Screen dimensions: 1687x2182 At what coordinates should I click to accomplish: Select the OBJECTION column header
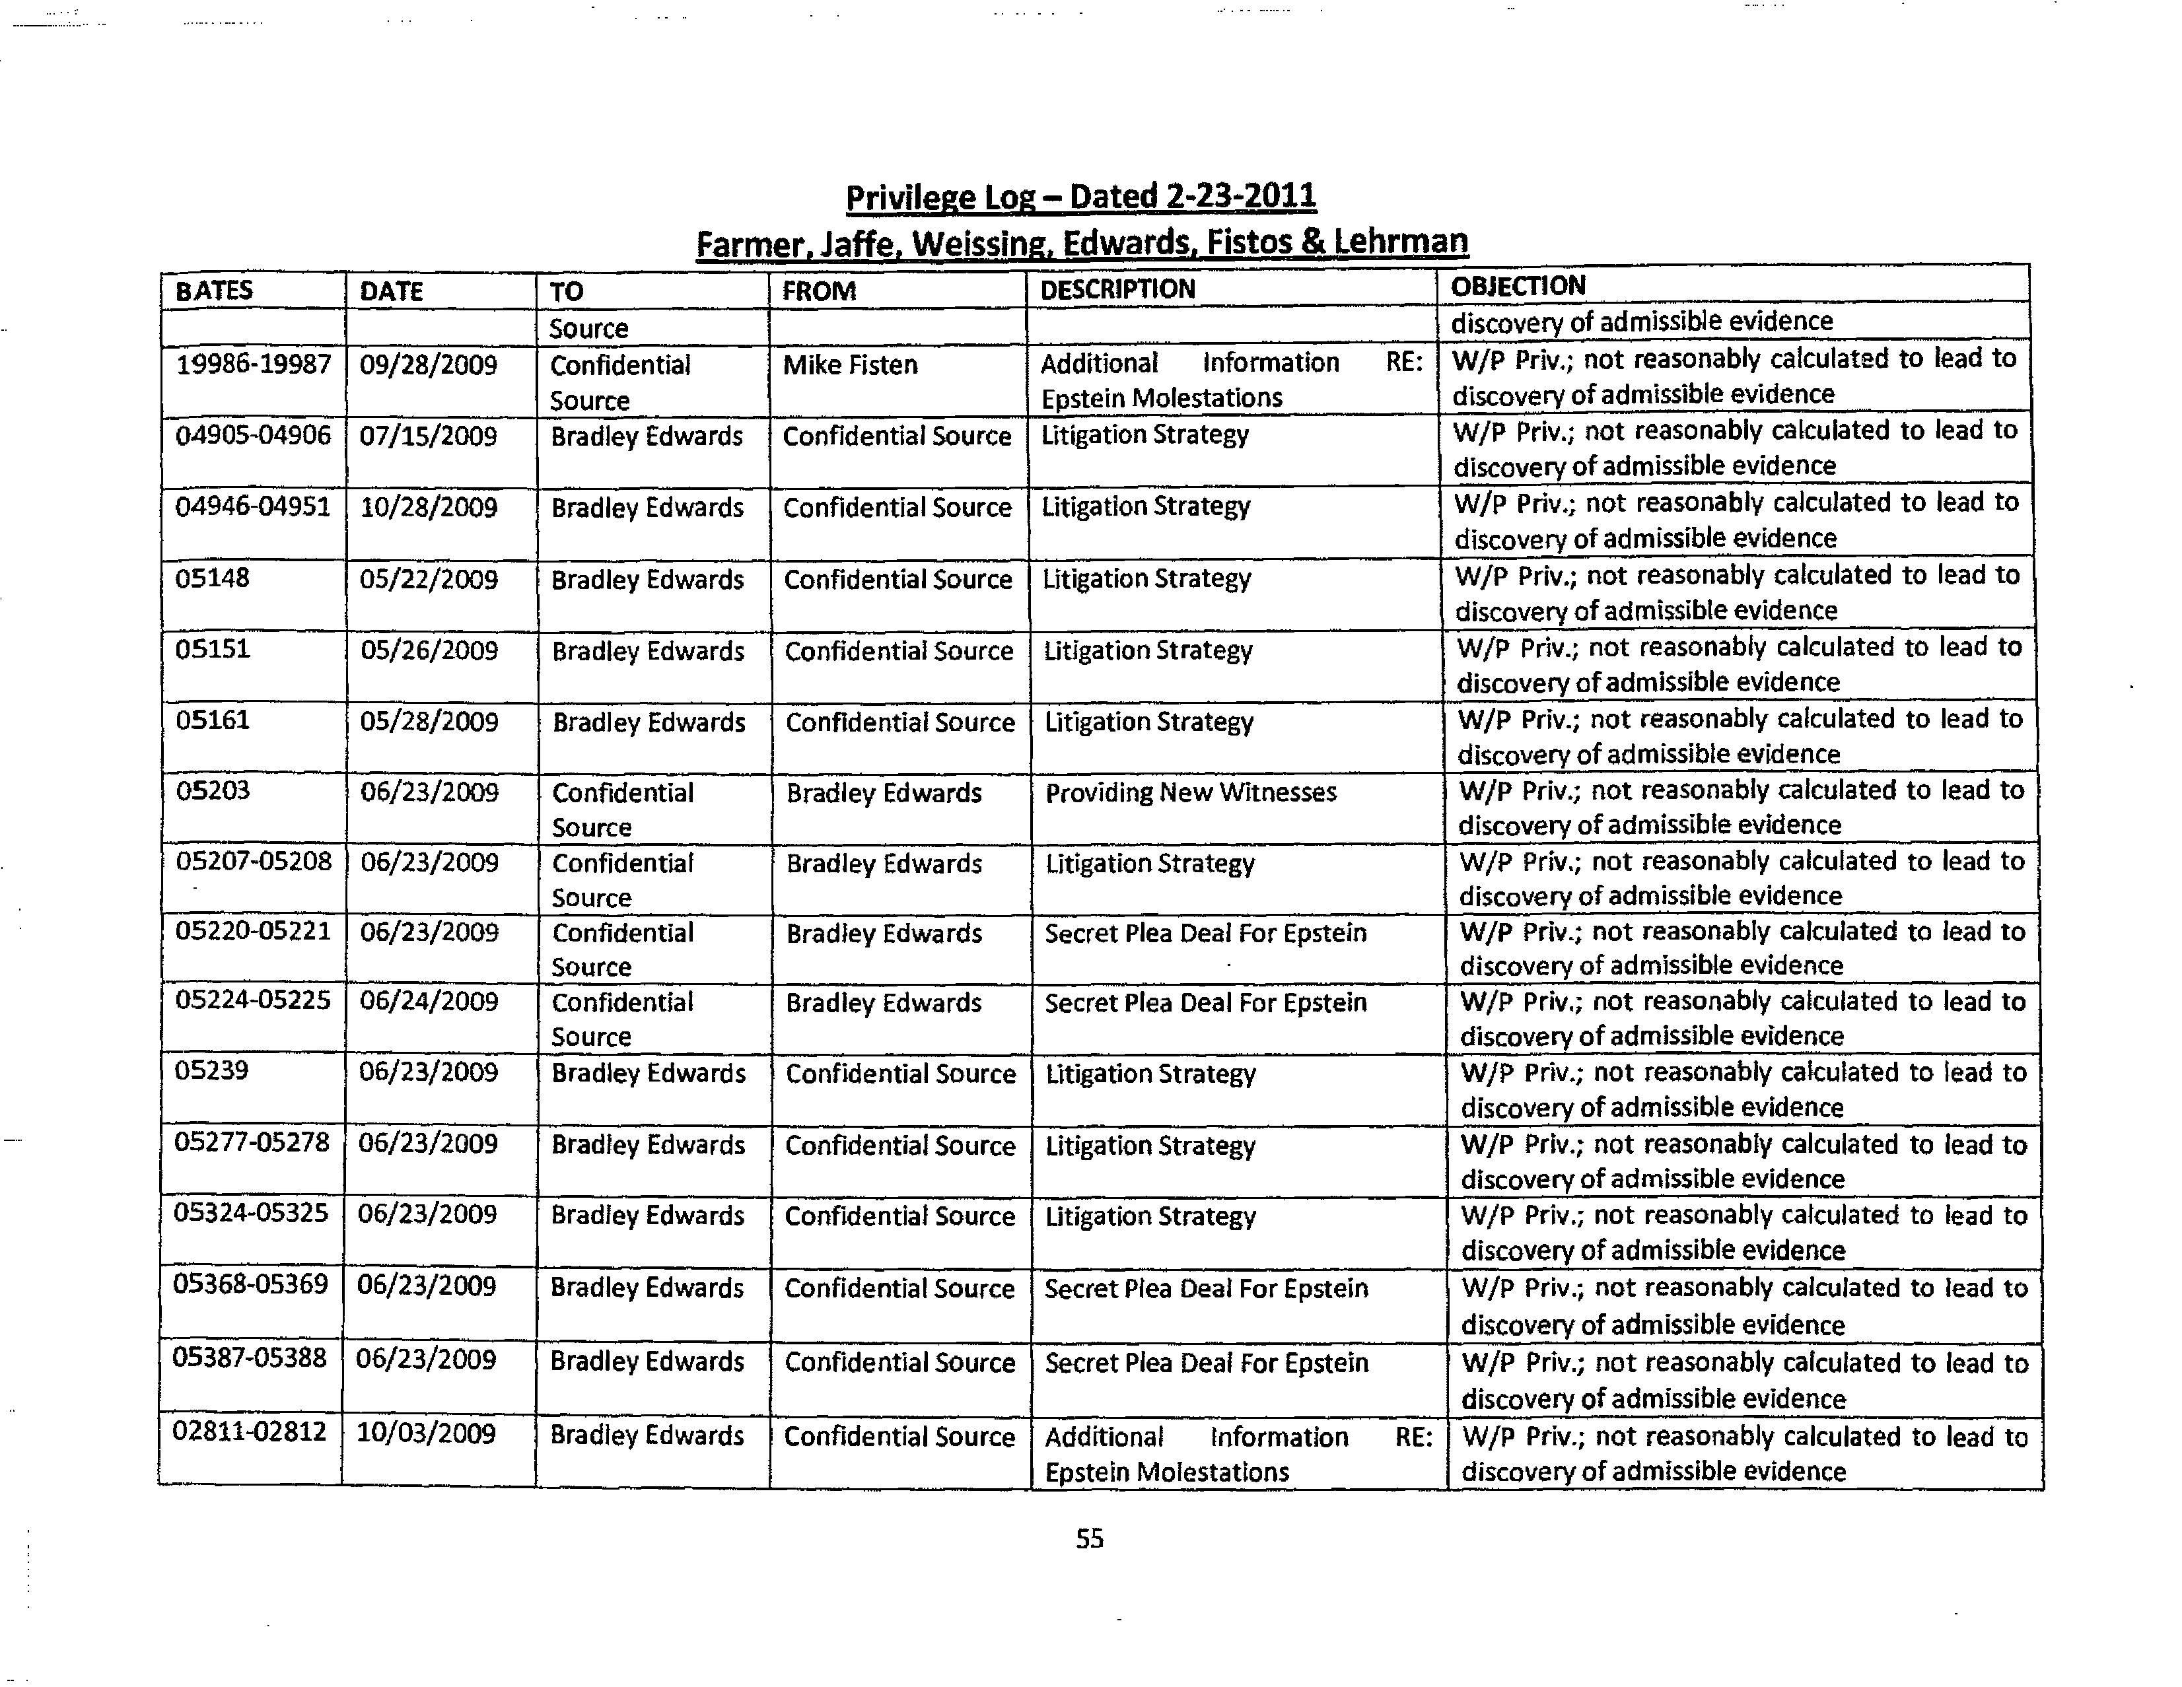[x=1518, y=286]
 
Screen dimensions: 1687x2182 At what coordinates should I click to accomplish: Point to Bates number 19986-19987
[x=253, y=364]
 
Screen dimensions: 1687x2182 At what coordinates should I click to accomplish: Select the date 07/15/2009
[x=427, y=436]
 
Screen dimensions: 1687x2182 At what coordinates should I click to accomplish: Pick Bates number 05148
[x=212, y=578]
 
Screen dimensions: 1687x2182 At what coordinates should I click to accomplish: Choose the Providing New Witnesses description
[x=1190, y=792]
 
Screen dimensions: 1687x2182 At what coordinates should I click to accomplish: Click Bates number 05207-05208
[x=253, y=861]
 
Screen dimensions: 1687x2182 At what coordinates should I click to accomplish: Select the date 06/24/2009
[x=429, y=1001]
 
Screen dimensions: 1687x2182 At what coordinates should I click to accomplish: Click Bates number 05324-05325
[x=251, y=1214]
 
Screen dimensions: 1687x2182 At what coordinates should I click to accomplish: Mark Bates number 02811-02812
[x=249, y=1431]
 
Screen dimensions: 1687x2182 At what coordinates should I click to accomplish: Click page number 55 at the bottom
[x=1089, y=1539]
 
